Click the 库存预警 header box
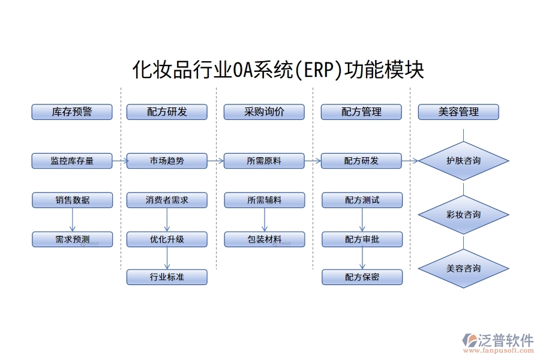[72, 112]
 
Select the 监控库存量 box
[72, 161]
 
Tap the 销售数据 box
[72, 200]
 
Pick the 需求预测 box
[72, 239]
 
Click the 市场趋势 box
[167, 161]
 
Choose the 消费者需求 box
[167, 200]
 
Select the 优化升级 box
[167, 239]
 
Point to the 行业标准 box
[167, 277]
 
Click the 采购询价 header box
[264, 112]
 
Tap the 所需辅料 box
[264, 200]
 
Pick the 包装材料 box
[264, 239]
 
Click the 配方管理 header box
[362, 112]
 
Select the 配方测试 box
[362, 200]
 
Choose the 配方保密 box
[362, 277]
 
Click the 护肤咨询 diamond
[463, 161]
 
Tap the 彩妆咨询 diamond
[463, 214]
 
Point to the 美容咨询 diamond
[463, 268]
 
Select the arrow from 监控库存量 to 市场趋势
[119, 161]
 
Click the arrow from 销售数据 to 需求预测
[72, 220]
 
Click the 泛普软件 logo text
[505, 340]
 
